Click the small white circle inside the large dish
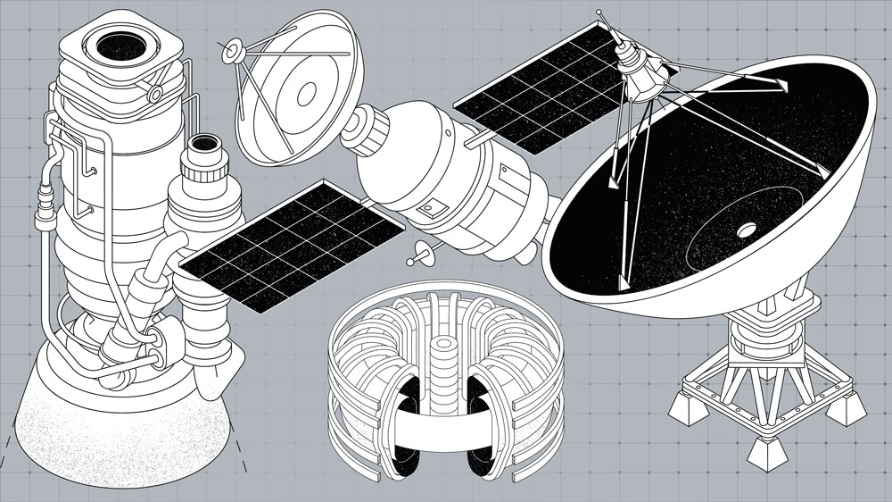click(744, 230)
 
